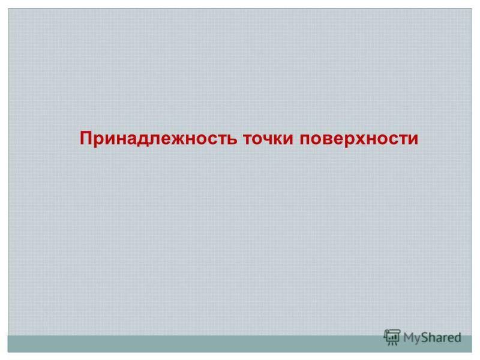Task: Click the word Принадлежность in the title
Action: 158,138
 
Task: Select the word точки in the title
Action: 268,139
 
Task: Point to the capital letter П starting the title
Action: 86,138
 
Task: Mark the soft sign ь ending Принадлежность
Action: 232,139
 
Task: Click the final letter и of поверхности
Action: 413,139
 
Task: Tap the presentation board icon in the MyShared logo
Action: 392,337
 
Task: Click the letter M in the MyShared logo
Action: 409,337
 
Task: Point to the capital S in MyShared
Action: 425,337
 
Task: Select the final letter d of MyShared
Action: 457,337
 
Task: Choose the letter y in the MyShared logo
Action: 418,340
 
